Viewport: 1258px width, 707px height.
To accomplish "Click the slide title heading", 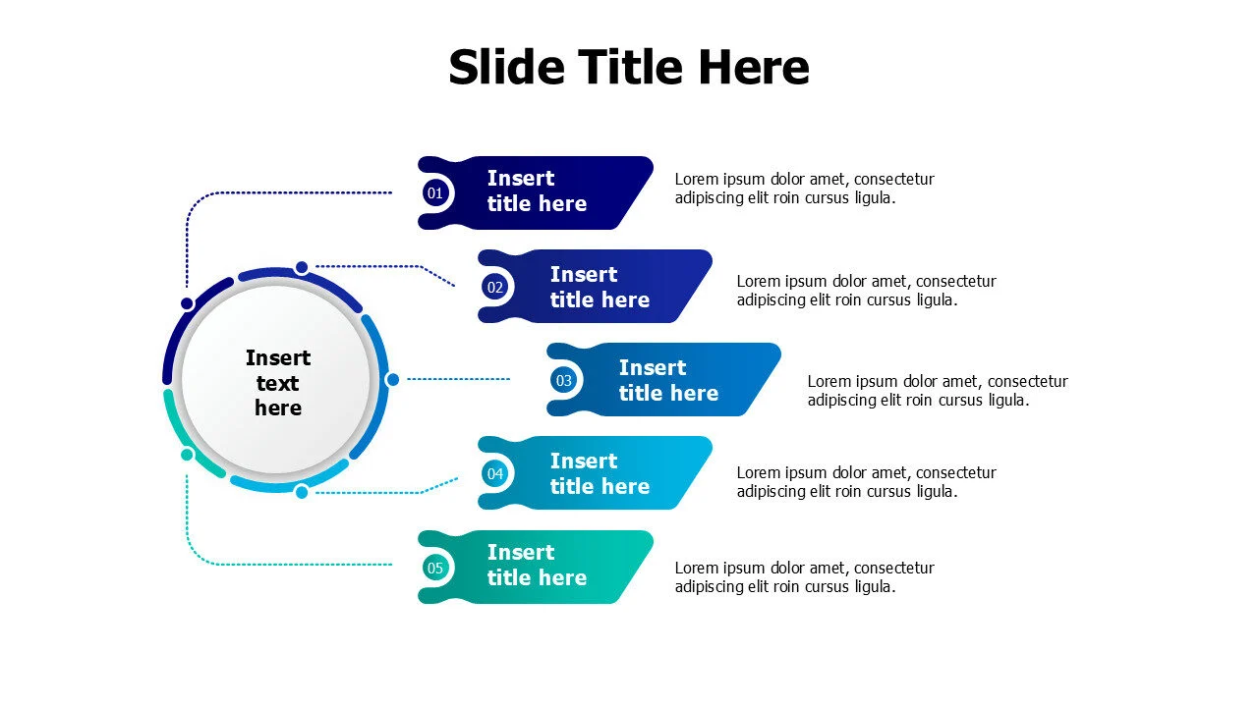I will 629,68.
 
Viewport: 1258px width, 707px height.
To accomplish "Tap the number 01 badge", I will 435,193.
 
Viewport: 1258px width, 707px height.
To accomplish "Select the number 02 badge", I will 495,287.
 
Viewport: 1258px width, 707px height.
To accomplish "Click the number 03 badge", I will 564,380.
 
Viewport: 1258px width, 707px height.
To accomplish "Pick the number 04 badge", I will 495,474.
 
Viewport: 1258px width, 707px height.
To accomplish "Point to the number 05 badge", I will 435,568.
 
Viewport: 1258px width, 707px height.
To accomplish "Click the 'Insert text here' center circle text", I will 278,383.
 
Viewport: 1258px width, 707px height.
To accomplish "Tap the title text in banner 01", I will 537,191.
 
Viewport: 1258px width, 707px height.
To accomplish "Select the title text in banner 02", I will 600,287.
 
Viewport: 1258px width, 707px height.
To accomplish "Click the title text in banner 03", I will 668,380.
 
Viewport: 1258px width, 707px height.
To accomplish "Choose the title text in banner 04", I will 600,473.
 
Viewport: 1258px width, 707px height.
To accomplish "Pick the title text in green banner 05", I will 537,566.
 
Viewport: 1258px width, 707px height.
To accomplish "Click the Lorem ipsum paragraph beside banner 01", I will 804,189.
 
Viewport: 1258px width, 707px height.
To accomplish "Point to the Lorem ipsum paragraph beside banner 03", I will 937,391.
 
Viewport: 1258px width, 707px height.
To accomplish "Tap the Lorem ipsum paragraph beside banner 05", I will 804,577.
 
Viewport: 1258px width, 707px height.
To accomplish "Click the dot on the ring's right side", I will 393,379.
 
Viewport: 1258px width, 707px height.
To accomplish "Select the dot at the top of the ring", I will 302,267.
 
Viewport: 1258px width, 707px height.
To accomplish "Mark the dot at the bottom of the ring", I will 302,492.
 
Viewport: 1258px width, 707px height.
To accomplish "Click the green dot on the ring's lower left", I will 187,455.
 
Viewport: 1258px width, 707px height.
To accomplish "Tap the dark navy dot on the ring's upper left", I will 187,304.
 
